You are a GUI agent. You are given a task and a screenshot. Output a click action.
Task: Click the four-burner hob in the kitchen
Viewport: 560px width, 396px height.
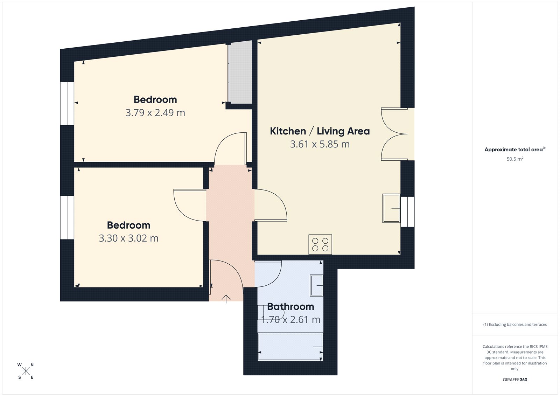(x=320, y=244)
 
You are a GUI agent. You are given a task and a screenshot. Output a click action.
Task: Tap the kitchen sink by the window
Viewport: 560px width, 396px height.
(x=391, y=208)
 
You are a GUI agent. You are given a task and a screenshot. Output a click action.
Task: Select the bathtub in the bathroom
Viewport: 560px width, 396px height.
(x=290, y=347)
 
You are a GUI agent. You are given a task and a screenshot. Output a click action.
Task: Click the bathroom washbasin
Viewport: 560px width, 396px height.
(x=316, y=285)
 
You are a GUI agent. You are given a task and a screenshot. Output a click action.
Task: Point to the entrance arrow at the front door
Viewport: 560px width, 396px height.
(x=226, y=299)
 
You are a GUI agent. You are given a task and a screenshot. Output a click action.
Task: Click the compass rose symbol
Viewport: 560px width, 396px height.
(x=26, y=371)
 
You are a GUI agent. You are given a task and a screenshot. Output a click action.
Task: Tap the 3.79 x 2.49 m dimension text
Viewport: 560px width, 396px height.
(x=155, y=113)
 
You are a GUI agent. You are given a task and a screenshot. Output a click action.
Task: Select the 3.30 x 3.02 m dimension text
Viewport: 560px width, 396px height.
(x=128, y=238)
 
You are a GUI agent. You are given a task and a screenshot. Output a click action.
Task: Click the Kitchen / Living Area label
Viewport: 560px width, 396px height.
(x=320, y=131)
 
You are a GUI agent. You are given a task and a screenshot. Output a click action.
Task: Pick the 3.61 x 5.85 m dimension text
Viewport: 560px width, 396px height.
(x=320, y=144)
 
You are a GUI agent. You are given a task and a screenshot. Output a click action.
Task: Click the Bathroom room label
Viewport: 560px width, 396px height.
(x=290, y=307)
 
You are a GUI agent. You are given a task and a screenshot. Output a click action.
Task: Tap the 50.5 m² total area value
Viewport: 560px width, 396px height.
(x=515, y=159)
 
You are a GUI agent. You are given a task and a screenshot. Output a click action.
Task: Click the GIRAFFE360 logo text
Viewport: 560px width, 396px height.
(x=515, y=380)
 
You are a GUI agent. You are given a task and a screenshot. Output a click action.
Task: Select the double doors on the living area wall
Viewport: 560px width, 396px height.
(x=395, y=134)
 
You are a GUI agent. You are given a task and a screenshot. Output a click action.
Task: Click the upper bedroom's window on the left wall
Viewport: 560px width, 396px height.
(x=67, y=103)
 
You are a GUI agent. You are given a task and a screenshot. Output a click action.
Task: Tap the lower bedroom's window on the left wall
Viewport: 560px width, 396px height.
(x=67, y=217)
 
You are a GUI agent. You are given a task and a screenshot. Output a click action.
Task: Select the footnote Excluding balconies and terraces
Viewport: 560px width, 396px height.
(x=515, y=325)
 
